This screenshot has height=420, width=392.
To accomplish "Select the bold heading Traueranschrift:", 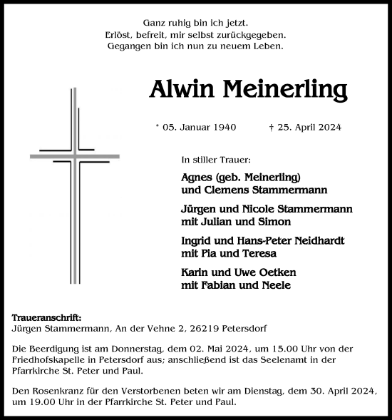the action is [47, 317].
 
